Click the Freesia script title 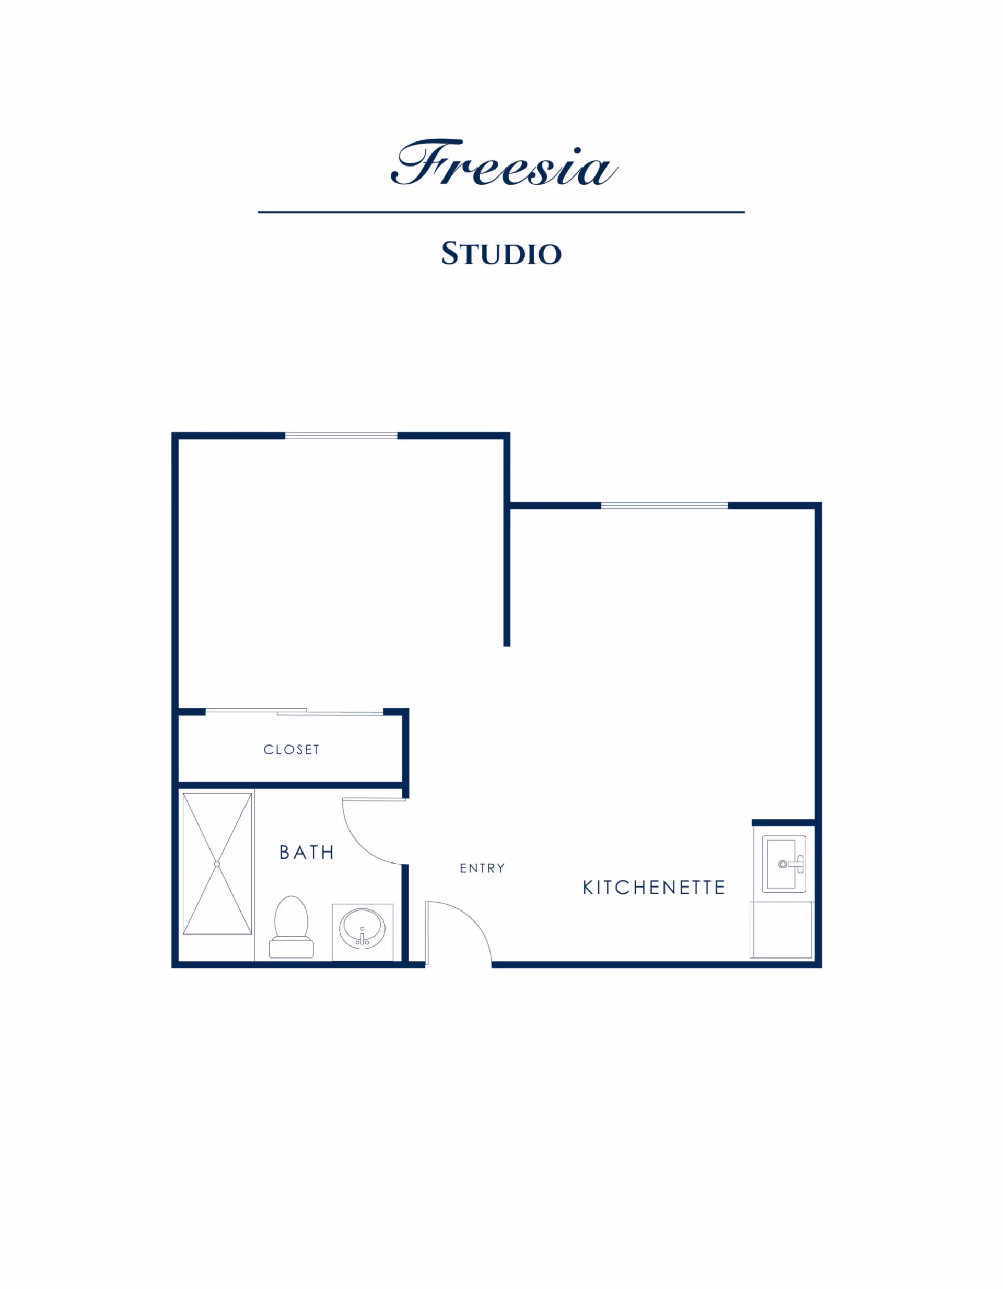click(x=503, y=163)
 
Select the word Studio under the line click(x=501, y=254)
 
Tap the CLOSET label click(x=291, y=750)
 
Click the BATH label click(x=307, y=852)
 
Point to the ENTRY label click(x=482, y=868)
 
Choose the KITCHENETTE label click(x=654, y=888)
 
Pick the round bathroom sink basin click(x=362, y=928)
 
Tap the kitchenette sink click(x=783, y=864)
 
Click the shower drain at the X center click(x=217, y=864)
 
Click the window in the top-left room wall click(x=341, y=435)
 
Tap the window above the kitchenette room click(x=664, y=505)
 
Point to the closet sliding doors click(x=294, y=712)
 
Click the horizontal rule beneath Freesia click(x=501, y=212)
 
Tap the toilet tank click(x=291, y=948)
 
